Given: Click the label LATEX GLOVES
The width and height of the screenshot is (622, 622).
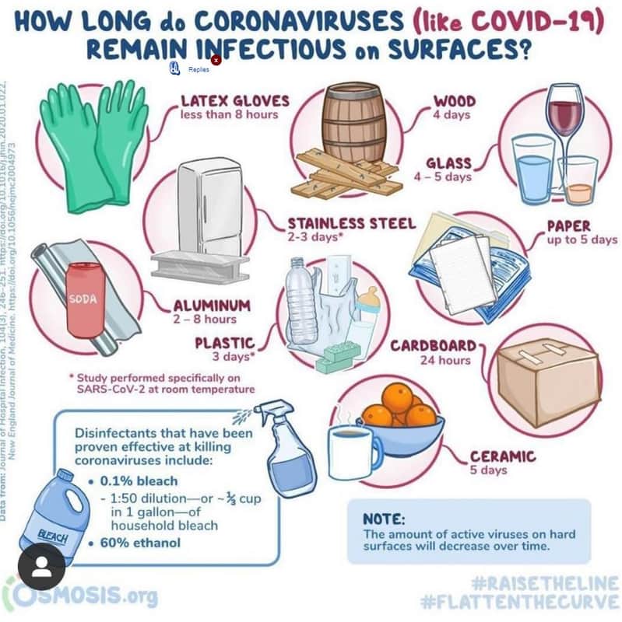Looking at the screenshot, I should tap(234, 100).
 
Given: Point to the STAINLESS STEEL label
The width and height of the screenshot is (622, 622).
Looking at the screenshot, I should tap(352, 223).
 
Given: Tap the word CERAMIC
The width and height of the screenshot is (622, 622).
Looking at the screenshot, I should tap(503, 456).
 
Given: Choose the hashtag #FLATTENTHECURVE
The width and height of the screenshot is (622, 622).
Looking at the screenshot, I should tap(519, 601).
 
